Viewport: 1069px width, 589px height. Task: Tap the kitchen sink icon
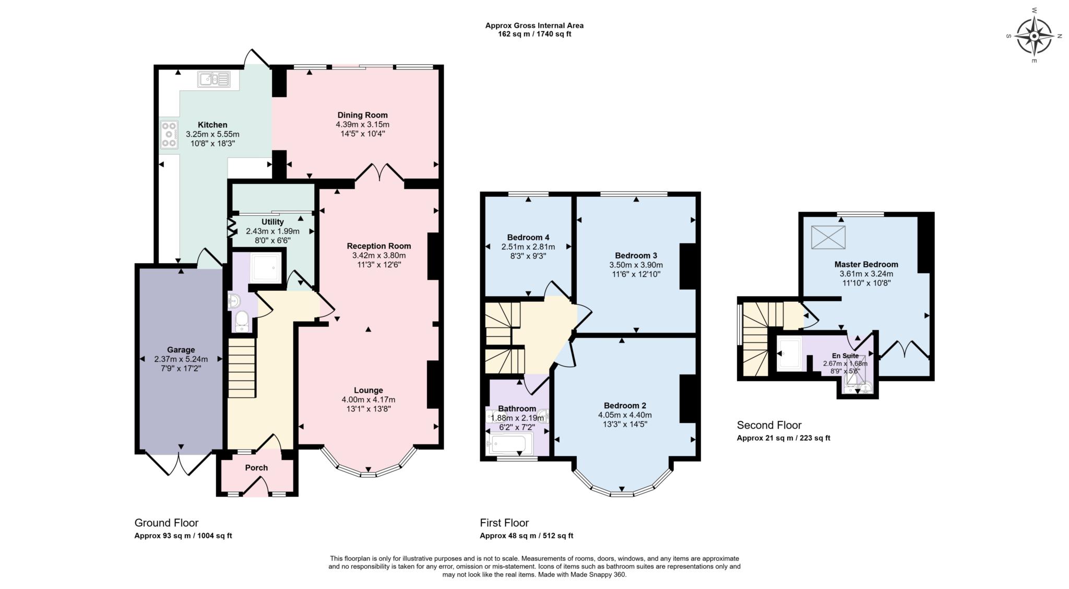(x=213, y=79)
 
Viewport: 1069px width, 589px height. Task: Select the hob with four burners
(x=169, y=135)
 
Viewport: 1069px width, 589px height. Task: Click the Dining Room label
(x=362, y=115)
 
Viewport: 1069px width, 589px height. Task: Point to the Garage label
(x=181, y=350)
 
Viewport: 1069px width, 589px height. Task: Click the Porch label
(x=256, y=467)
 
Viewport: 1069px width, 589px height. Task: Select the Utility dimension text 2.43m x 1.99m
(x=272, y=231)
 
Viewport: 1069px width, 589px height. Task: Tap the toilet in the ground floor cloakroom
(x=242, y=321)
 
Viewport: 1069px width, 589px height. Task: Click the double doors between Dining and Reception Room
(x=379, y=173)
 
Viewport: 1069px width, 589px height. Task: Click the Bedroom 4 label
(x=528, y=237)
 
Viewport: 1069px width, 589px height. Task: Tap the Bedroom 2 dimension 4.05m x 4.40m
(x=625, y=415)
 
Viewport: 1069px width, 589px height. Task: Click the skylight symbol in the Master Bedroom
(x=828, y=238)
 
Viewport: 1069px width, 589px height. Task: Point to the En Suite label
(x=845, y=356)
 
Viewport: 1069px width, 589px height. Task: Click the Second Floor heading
(x=769, y=425)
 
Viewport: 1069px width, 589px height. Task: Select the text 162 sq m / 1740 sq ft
(x=534, y=34)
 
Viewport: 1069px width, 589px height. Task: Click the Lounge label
(x=368, y=390)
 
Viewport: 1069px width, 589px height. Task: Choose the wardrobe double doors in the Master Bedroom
(x=905, y=350)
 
